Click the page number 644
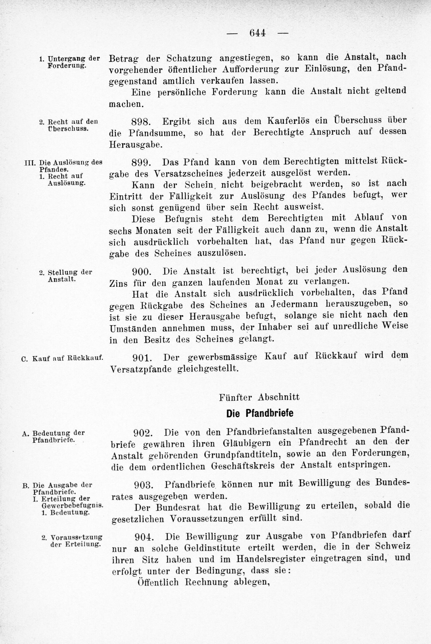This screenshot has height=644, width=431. tap(258, 33)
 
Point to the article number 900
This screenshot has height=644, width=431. tap(142, 272)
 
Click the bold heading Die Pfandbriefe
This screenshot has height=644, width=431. tap(260, 413)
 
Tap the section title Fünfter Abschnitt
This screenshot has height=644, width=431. tap(259, 397)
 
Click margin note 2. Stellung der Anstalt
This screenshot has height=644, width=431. tap(65, 276)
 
